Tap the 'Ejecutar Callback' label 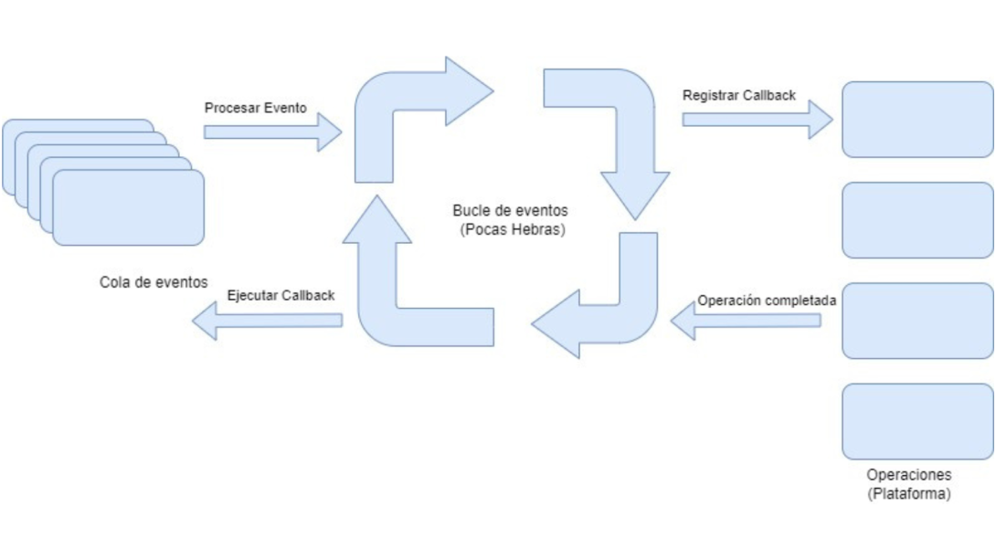pyautogui.click(x=281, y=296)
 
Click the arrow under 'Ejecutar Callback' pyautogui.click(x=266, y=320)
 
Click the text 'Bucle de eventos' pyautogui.click(x=508, y=211)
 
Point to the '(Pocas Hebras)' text pyautogui.click(x=514, y=230)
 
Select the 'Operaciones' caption pyautogui.click(x=908, y=476)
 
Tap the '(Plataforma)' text pyautogui.click(x=909, y=494)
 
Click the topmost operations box pyautogui.click(x=917, y=120)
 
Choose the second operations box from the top pyautogui.click(x=917, y=220)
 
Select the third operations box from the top pyautogui.click(x=917, y=321)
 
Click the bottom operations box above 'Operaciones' pyautogui.click(x=917, y=421)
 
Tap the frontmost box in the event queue pyautogui.click(x=128, y=207)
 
